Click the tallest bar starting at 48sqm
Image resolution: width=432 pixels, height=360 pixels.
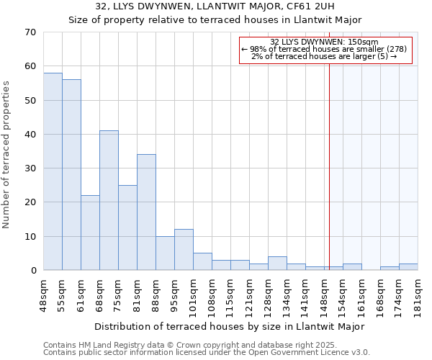[53, 171]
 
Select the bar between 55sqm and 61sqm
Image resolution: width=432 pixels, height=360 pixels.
[71, 175]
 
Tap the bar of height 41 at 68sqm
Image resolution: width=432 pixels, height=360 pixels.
[109, 200]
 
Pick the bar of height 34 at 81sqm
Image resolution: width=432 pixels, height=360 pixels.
[146, 212]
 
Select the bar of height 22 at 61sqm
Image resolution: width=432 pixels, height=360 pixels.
[90, 233]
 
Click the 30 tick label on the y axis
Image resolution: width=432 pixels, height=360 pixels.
[30, 168]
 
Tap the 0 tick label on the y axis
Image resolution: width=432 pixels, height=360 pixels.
[32, 271]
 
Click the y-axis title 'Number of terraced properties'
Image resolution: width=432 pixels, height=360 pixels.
[6, 155]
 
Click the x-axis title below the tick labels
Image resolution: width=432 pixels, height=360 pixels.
[230, 326]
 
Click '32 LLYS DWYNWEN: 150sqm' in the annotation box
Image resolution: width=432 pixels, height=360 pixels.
[324, 42]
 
